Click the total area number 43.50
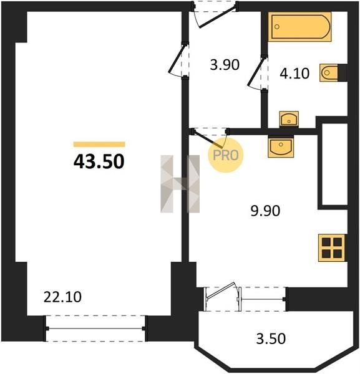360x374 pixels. pyautogui.click(x=99, y=161)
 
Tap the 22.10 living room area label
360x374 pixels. pyautogui.click(x=62, y=297)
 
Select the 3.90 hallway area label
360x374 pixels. pyautogui.click(x=225, y=65)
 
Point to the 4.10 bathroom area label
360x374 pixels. pyautogui.click(x=294, y=74)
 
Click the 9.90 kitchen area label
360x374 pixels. pyautogui.click(x=265, y=211)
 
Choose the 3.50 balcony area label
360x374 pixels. pyautogui.click(x=271, y=338)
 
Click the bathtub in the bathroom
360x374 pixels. pyautogui.click(x=299, y=27)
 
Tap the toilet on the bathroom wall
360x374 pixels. pyautogui.click(x=329, y=72)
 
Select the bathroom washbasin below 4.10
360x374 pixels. pyautogui.click(x=289, y=119)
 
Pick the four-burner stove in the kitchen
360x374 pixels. pyautogui.click(x=331, y=248)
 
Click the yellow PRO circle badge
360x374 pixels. pyautogui.click(x=226, y=155)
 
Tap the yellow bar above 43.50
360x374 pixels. pyautogui.click(x=99, y=145)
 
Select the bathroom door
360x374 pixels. pyautogui.click(x=256, y=73)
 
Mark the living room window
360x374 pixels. pyautogui.click(x=95, y=328)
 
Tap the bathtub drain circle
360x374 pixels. pyautogui.click(x=277, y=27)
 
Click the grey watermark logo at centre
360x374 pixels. pyautogui.click(x=180, y=184)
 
